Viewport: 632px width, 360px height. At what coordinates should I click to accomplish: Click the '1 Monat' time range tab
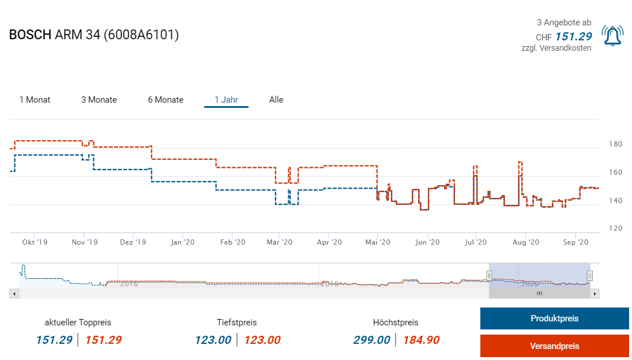pos(35,100)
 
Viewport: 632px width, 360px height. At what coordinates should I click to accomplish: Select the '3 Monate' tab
pos(99,100)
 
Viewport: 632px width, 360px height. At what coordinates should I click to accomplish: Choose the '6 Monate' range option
pos(165,100)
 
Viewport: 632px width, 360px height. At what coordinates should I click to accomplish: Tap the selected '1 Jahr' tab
pos(226,100)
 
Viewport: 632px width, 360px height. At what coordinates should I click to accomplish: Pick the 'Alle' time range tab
pos(276,100)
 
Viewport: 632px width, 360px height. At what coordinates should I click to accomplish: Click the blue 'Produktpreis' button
pos(554,318)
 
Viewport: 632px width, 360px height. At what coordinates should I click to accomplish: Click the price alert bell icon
pos(612,36)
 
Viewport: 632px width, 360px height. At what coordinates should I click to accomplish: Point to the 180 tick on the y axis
pos(616,144)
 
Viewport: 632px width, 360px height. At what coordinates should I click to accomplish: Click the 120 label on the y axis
pos(616,228)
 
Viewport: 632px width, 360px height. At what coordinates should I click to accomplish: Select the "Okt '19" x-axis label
pos(35,242)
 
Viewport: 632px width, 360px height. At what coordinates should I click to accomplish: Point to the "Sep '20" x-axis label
pos(575,242)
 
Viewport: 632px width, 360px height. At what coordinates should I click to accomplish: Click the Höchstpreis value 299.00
pos(371,340)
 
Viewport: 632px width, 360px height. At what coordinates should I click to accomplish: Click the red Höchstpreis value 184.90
pos(421,340)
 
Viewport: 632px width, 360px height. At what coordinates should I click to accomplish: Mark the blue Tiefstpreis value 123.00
pos(213,340)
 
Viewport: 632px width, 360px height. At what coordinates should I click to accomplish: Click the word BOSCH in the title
pos(30,35)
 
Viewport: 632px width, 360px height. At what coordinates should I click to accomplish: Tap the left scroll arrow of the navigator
pos(14,294)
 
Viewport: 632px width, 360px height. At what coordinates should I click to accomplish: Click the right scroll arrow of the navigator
pos(595,294)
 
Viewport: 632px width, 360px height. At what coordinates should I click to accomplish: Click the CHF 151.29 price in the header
pos(573,36)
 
